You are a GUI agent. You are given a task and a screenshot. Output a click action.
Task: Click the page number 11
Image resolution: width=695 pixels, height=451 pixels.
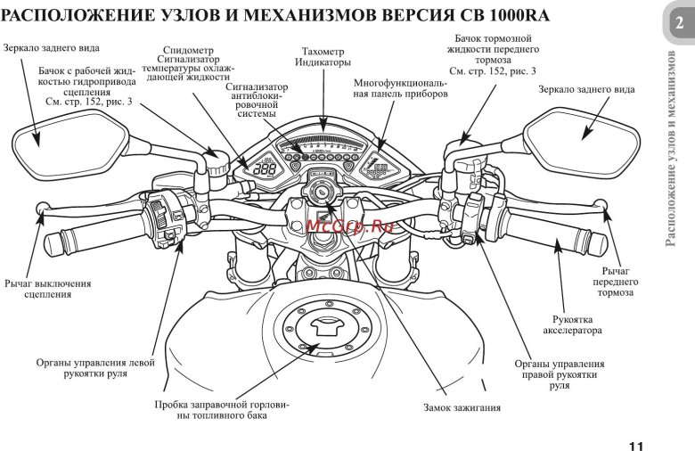pyautogui.click(x=634, y=446)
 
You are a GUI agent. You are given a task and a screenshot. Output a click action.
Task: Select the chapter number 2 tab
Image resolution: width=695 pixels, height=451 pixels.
pyautogui.click(x=679, y=25)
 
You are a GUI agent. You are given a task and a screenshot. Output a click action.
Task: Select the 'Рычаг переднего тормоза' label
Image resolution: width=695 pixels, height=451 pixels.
pyautogui.click(x=616, y=281)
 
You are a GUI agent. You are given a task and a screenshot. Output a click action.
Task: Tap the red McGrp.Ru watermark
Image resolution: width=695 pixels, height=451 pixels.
pyautogui.click(x=337, y=225)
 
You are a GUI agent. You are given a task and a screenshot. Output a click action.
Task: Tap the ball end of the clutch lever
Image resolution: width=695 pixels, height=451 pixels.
pyautogui.click(x=41, y=209)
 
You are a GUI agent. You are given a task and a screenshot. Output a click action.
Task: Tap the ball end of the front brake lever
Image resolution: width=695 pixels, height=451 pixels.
pyautogui.click(x=607, y=208)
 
